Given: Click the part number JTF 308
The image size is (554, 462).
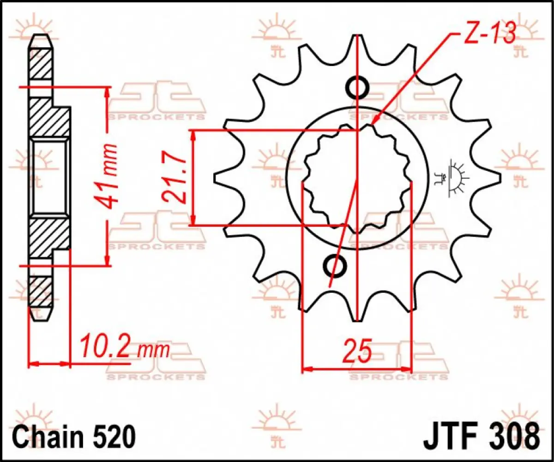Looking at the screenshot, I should pos(480,435).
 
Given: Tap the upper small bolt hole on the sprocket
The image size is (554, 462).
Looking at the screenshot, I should pos(357,87).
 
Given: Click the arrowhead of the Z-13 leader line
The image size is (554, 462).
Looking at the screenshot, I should pos(373,122).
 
